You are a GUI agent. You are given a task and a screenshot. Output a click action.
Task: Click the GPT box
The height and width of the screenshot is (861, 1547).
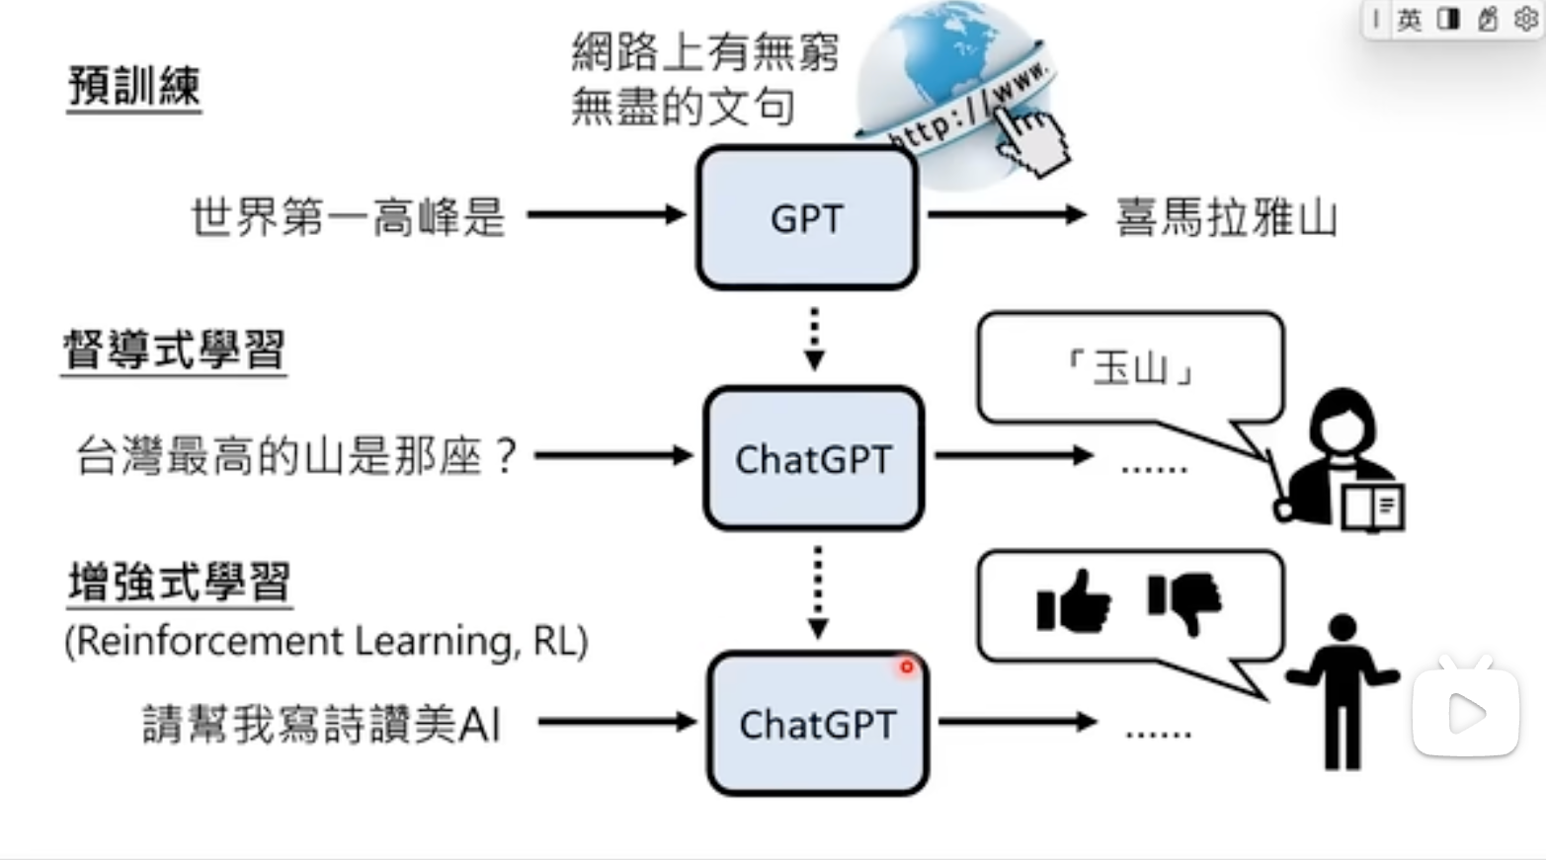click(807, 218)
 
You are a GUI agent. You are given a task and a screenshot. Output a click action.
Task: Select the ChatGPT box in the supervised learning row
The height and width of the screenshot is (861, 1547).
click(814, 458)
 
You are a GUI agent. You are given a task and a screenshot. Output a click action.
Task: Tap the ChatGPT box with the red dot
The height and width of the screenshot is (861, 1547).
click(818, 725)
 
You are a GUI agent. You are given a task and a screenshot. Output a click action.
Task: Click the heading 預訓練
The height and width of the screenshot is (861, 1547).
click(134, 86)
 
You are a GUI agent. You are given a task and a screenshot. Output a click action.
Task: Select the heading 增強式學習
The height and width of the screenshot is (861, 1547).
click(179, 583)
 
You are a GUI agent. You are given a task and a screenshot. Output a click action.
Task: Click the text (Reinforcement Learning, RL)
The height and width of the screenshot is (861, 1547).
click(326, 641)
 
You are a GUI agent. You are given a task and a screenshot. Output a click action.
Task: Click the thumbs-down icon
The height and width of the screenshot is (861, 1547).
click(1184, 600)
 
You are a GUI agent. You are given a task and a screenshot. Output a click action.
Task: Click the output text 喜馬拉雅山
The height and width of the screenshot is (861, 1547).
click(1226, 218)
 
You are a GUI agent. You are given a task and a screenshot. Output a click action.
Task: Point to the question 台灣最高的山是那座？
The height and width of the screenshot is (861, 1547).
click(296, 456)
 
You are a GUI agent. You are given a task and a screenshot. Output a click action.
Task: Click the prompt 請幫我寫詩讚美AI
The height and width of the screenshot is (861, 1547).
click(322, 725)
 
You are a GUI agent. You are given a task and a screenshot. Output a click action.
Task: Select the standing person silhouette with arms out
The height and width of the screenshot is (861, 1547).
click(1342, 691)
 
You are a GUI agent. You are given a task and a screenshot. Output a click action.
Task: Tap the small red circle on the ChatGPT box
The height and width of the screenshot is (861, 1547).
click(906, 667)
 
